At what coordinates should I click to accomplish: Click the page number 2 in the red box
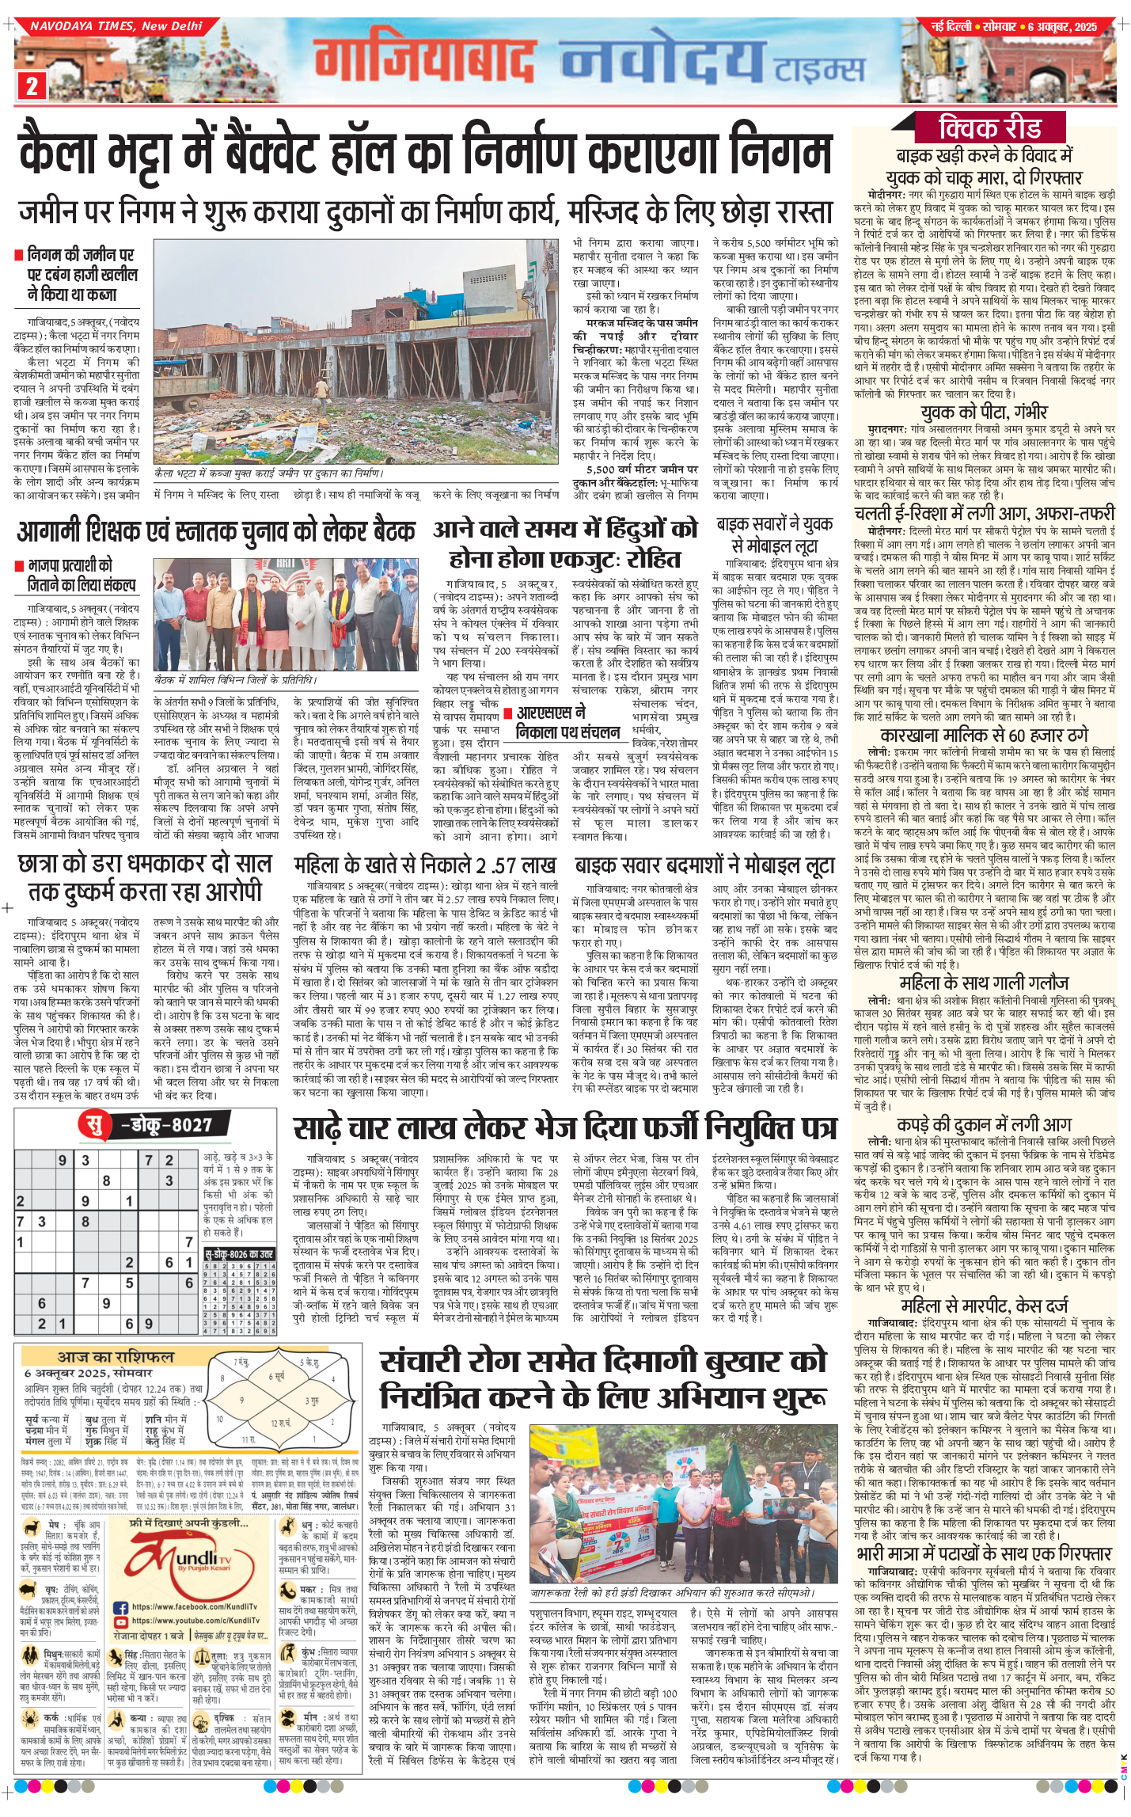pyautogui.click(x=32, y=86)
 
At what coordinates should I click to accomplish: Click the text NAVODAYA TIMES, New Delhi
pyautogui.click(x=116, y=26)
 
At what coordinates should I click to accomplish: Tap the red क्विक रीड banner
pyautogui.click(x=990, y=127)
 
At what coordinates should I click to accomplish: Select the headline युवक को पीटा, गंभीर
pyautogui.click(x=984, y=412)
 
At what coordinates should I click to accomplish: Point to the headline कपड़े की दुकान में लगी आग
pyautogui.click(x=984, y=1124)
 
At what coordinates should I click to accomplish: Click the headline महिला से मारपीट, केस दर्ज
pyautogui.click(x=984, y=1306)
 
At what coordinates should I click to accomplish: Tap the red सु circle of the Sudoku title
pyautogui.click(x=94, y=1125)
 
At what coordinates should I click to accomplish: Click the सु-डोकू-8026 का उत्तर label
pyautogui.click(x=239, y=1254)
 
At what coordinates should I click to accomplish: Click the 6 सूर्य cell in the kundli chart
pyautogui.click(x=276, y=1377)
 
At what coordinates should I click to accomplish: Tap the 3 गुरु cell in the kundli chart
pyautogui.click(x=312, y=1401)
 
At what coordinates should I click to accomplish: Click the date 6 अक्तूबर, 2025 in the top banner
pyautogui.click(x=1062, y=27)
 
